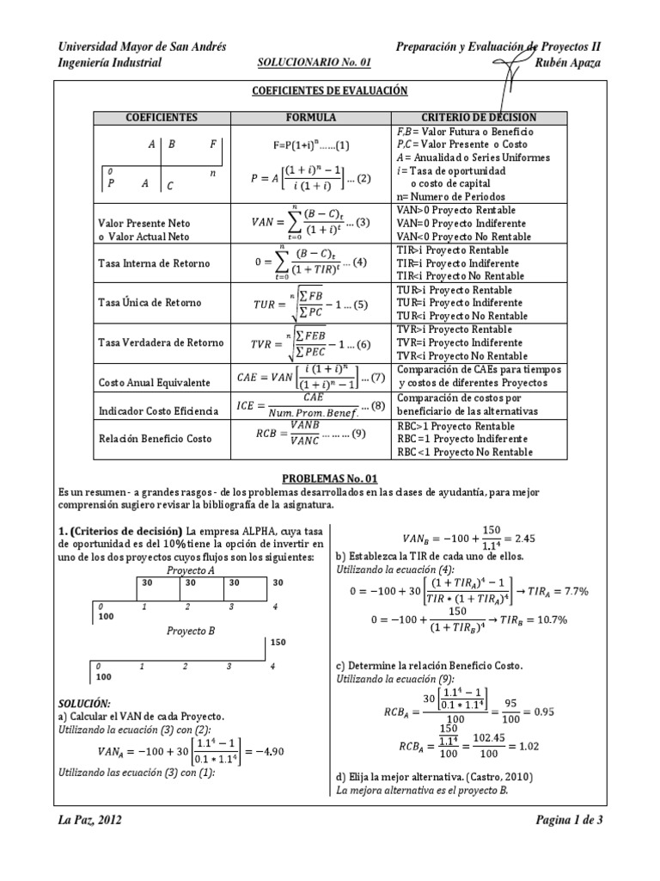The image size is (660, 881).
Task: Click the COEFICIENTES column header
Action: tap(162, 117)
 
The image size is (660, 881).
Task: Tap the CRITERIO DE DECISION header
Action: tap(479, 117)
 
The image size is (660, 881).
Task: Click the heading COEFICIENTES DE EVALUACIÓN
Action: tap(330, 90)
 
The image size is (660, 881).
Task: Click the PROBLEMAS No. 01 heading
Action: tap(330, 478)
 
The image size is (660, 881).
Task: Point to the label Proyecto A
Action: tap(191, 570)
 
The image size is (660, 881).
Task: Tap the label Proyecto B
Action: tap(191, 630)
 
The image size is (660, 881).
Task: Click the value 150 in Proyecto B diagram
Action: tap(278, 642)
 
